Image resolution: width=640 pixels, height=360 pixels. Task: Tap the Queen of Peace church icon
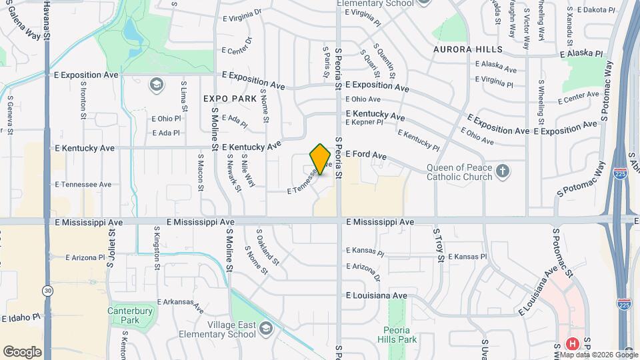(x=504, y=173)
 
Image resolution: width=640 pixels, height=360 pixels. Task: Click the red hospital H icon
(x=571, y=344)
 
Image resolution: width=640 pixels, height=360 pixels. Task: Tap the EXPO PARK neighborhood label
(x=230, y=98)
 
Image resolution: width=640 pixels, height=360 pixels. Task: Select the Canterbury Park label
(x=130, y=315)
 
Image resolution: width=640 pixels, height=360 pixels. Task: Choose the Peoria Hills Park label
(x=400, y=335)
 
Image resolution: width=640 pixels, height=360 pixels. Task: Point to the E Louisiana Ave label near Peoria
(x=376, y=295)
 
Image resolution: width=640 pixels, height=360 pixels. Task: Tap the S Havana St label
(x=47, y=20)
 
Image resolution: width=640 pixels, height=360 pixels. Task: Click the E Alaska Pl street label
(x=581, y=53)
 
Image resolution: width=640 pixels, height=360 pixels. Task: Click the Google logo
(x=22, y=352)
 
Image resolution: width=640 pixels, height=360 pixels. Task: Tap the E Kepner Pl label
(x=364, y=123)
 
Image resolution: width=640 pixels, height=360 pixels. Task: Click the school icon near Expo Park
(x=156, y=84)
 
